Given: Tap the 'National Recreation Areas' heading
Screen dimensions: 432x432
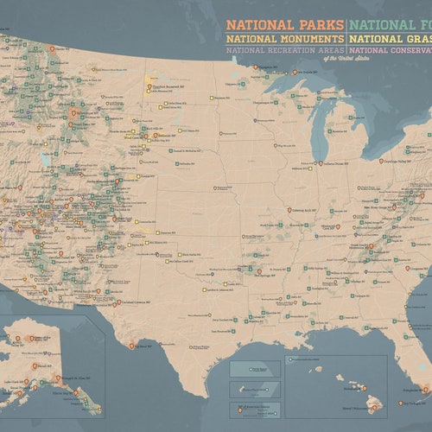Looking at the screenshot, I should coord(285,51).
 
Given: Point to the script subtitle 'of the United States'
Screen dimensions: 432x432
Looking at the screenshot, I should coord(321,59).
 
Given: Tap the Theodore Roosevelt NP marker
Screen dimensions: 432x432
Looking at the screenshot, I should coord(149,84).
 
